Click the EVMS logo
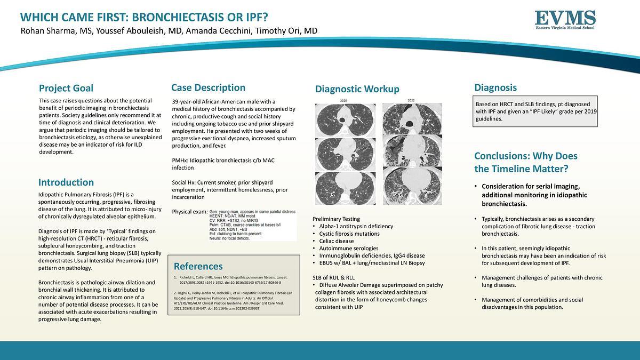coord(565,20)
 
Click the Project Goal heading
coord(66,88)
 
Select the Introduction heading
coord(66,182)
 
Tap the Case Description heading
coord(208,87)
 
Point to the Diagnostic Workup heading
coord(357,89)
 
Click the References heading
coord(198,266)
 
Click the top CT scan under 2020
coord(345,119)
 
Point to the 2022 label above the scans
coord(411,100)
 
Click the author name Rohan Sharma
coord(49,31)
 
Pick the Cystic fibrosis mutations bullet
coord(349,234)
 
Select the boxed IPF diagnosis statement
coord(535,111)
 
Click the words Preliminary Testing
coord(336,219)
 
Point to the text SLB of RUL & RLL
coord(333,278)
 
